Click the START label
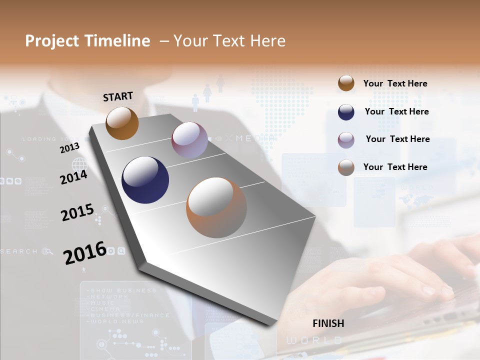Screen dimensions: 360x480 tap(118, 96)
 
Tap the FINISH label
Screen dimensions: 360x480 tap(328, 323)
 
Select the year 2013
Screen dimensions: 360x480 tap(69, 148)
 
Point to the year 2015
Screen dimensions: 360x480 tap(77, 212)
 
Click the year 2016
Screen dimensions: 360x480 tap(84, 253)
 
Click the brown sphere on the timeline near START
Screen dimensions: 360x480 tap(122, 123)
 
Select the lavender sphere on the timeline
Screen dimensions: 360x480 tap(189, 140)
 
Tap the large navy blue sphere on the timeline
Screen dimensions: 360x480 tap(145, 180)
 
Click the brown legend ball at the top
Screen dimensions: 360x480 tap(346, 83)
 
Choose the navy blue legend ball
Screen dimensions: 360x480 tap(346, 112)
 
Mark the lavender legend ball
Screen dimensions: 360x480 tap(346, 139)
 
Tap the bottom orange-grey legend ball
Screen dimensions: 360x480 tap(346, 167)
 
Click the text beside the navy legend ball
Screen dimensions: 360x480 tap(396, 111)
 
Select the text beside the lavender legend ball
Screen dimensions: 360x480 tap(397, 139)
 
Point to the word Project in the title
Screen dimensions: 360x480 tap(52, 41)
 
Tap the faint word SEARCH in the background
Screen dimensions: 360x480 tap(19, 251)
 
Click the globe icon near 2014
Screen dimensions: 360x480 tap(79, 164)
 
